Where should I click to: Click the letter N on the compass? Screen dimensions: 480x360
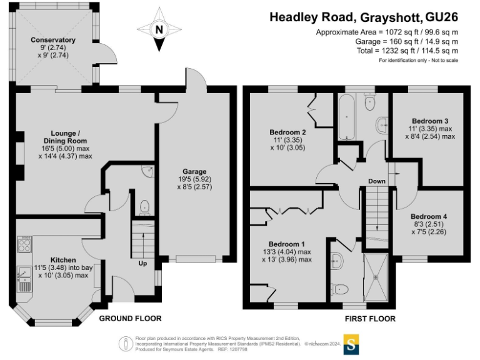tap(159, 30)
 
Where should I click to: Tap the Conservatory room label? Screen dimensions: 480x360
tap(53, 40)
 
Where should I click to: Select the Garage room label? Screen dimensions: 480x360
tap(194, 172)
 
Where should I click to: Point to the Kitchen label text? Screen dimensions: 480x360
tap(63, 260)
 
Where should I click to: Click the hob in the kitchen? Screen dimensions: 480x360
tap(24, 244)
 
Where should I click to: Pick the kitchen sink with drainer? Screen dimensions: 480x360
tap(24, 279)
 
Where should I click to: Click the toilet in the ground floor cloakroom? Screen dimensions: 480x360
tap(144, 207)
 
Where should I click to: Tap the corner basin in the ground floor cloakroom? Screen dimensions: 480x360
tap(148, 171)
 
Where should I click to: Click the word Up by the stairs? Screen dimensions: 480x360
tap(142, 264)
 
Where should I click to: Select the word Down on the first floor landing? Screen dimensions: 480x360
tap(377, 181)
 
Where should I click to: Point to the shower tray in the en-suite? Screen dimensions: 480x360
tap(376, 277)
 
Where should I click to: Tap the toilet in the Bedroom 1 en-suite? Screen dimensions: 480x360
tap(340, 289)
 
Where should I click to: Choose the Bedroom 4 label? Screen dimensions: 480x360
tap(429, 216)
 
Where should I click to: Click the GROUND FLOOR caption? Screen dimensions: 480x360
tap(131, 319)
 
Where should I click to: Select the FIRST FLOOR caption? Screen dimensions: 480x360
tap(370, 319)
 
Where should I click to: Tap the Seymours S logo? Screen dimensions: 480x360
tap(351, 345)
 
